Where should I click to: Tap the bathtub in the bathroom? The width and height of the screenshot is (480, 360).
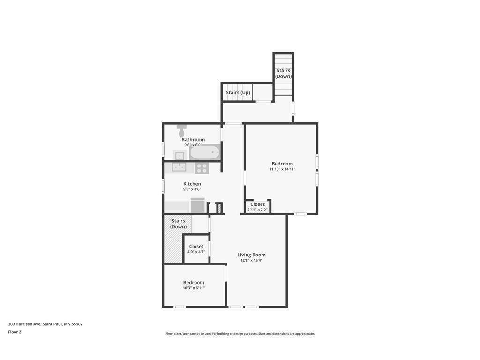[205, 152]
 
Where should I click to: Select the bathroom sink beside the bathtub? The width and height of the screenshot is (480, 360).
[180, 155]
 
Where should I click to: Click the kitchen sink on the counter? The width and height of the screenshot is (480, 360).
[179, 167]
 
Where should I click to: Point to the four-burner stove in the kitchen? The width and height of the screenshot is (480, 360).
[202, 168]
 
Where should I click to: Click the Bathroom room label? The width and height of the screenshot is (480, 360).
[193, 140]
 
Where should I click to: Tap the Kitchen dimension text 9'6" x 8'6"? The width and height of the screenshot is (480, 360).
[192, 190]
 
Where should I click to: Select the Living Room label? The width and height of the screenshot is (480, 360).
[251, 255]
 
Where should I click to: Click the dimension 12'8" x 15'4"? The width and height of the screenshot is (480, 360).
[251, 261]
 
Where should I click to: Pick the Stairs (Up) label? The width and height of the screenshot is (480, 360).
[238, 93]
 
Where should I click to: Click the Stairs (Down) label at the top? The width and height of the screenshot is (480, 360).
[283, 74]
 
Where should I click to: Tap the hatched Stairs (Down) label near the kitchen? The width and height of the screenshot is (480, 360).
[178, 224]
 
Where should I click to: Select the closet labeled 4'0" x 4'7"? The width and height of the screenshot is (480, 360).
[196, 249]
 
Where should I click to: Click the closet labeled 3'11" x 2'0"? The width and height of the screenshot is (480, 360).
[257, 207]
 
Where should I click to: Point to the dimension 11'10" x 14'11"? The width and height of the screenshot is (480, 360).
[282, 169]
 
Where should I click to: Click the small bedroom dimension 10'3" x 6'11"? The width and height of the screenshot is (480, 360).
[194, 288]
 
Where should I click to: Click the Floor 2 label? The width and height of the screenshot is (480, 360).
[15, 332]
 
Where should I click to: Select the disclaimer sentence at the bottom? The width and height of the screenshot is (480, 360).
[240, 334]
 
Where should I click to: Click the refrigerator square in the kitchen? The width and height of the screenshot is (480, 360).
[197, 206]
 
